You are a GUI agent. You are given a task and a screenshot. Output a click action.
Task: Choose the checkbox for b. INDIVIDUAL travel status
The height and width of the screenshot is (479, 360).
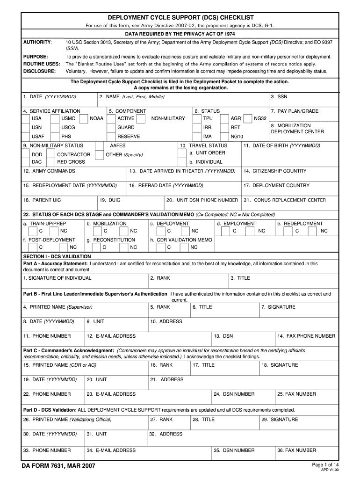[184, 162]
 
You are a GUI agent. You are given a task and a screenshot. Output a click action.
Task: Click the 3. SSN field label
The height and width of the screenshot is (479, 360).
[279, 96]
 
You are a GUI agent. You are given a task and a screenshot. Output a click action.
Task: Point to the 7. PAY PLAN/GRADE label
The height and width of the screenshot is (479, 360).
[295, 111]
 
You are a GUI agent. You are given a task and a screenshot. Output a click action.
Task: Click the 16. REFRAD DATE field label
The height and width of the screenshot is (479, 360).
[166, 186]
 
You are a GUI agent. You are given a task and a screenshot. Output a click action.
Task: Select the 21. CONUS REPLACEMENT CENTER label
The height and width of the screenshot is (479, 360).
[285, 200]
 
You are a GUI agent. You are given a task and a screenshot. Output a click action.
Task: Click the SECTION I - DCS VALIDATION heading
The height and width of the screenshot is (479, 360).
[57, 256]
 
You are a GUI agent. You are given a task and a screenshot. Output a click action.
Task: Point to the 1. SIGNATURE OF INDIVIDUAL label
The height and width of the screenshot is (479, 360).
[57, 278]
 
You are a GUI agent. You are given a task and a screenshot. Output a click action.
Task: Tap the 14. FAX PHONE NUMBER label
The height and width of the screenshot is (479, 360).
[306, 336]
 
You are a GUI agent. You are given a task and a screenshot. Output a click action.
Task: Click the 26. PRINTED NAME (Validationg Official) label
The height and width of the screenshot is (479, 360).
[67, 420]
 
